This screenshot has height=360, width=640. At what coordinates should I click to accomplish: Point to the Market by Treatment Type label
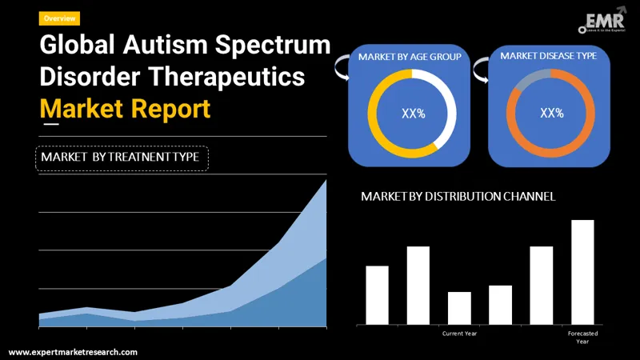[x=122, y=158]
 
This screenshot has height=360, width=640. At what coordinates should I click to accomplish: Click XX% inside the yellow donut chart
[x=413, y=114]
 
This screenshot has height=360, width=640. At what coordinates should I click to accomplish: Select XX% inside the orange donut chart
[x=552, y=113]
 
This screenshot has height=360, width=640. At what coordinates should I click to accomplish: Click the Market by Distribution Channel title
[x=458, y=196]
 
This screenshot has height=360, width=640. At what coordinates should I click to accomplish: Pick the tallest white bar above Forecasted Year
[x=582, y=272]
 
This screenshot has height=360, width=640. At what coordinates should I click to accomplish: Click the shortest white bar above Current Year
[x=459, y=308]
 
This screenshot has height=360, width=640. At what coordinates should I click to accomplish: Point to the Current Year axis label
[x=459, y=333]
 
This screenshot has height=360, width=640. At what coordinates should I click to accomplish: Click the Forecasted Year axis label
[x=582, y=337]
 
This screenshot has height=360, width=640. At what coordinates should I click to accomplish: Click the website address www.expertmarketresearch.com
[x=73, y=352]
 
